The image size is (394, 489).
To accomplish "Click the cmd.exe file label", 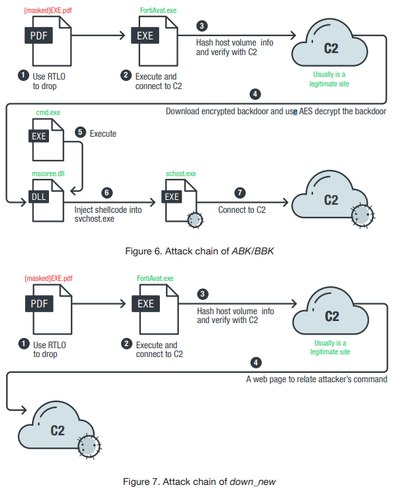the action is pyautogui.click(x=48, y=112).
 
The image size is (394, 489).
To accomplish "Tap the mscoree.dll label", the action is pyautogui.click(x=48, y=173).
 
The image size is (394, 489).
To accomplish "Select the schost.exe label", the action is pyautogui.click(x=181, y=173).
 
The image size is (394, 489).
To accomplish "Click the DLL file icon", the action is pyautogui.click(x=48, y=201).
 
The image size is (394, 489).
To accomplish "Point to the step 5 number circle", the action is pyautogui.click(x=80, y=132).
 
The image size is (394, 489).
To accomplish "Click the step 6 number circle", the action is pyautogui.click(x=107, y=192).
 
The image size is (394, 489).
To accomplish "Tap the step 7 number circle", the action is pyautogui.click(x=240, y=192).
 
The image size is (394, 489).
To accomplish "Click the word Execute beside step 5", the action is pyautogui.click(x=103, y=134).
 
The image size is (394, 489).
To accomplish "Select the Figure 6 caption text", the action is pyautogui.click(x=199, y=251).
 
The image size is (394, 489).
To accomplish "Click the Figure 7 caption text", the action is pyautogui.click(x=199, y=482).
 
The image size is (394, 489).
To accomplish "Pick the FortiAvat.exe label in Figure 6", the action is pyautogui.click(x=158, y=10).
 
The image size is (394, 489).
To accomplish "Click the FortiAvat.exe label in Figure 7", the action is pyautogui.click(x=155, y=278).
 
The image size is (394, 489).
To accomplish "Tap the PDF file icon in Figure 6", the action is pyautogui.click(x=48, y=41).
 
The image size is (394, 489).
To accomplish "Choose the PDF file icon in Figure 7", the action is pyautogui.click(x=49, y=309).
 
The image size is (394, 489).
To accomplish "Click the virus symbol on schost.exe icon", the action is pyautogui.click(x=195, y=220).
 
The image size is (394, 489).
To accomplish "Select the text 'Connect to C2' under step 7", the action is pyautogui.click(x=242, y=210).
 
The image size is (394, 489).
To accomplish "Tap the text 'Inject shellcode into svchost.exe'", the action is pyautogui.click(x=108, y=214).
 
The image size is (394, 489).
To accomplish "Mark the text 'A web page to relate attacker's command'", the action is pyautogui.click(x=316, y=380).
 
